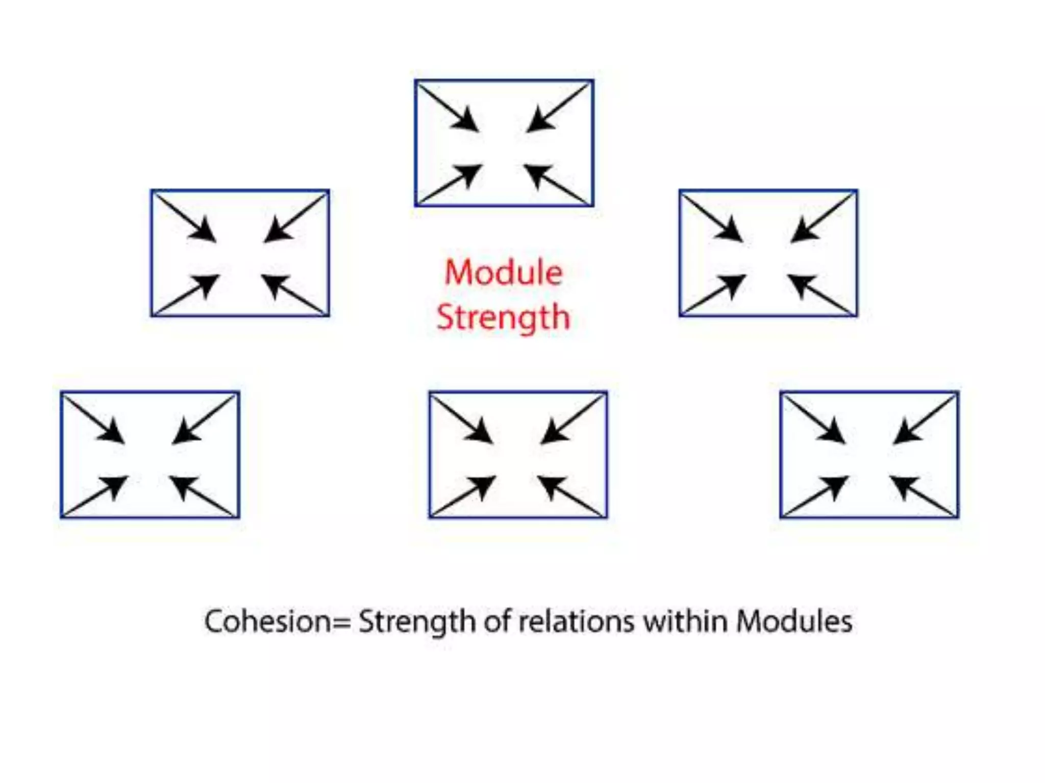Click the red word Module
point(504,272)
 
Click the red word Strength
point(503,317)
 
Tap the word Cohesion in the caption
point(267,621)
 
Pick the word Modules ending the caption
point(794,621)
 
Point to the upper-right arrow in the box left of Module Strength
point(295,220)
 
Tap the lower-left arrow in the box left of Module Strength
point(188,294)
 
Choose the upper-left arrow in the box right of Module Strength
point(713,218)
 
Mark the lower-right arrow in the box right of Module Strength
point(820,294)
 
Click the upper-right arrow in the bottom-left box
point(204,421)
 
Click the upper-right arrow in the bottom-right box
point(924,421)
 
